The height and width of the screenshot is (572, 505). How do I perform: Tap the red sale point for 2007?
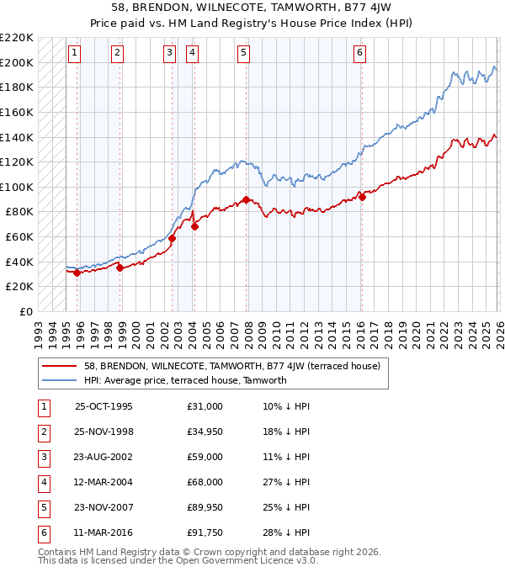(246, 200)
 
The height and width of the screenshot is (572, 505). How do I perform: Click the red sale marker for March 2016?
(361, 196)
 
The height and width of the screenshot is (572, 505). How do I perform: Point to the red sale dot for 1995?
(77, 273)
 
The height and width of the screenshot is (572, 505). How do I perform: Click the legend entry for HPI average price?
(185, 380)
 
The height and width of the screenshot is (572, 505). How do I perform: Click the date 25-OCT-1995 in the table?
(104, 406)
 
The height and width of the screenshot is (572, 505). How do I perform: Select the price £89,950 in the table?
(205, 507)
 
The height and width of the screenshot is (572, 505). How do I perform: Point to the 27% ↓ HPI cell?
(286, 482)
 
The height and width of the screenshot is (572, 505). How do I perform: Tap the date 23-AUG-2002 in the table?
(104, 457)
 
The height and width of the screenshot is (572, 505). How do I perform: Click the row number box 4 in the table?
(43, 482)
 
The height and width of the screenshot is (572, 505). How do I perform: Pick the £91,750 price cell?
(205, 532)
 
